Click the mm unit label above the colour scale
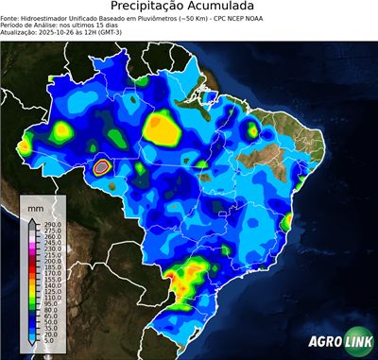pyautogui.click(x=35, y=205)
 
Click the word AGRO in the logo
pyautogui.click(x=325, y=341)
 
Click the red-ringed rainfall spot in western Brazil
pyautogui.click(x=102, y=167)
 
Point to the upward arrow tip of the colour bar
pyautogui.click(x=32, y=219)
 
